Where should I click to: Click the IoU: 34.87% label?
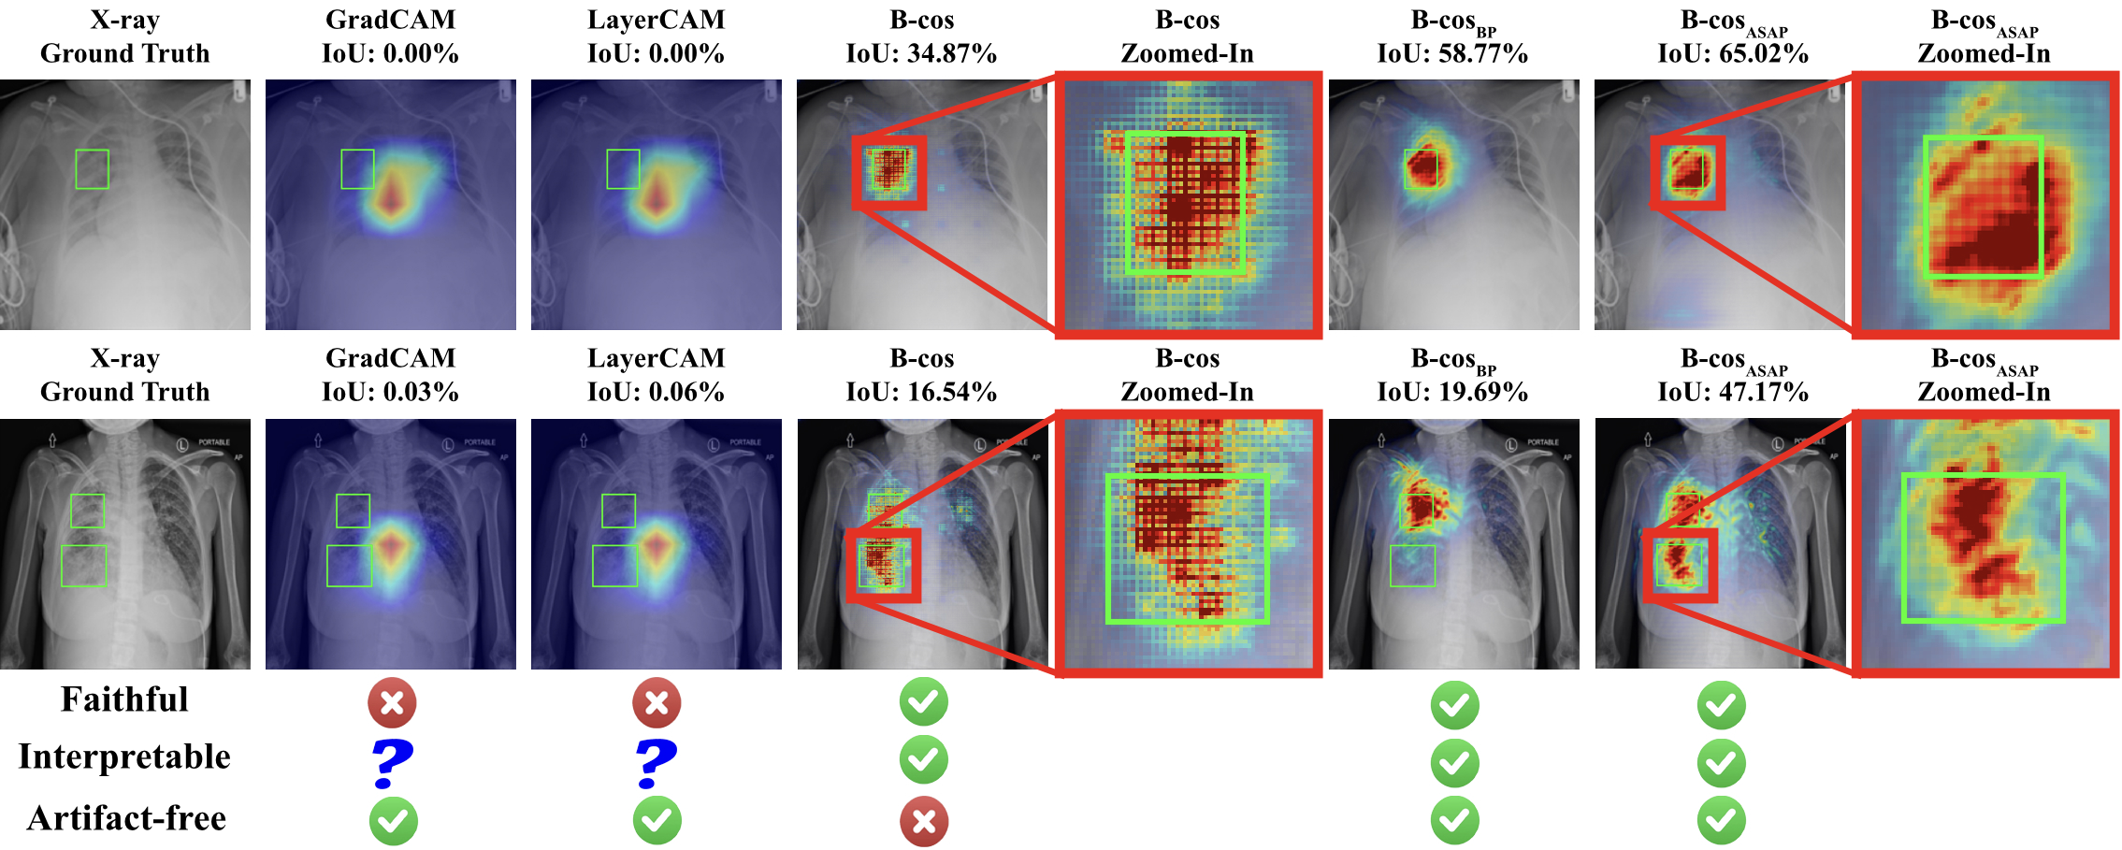click(921, 53)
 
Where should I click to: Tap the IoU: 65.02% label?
click(1733, 53)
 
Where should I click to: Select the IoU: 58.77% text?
click(1452, 53)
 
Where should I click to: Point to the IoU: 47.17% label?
click(1733, 392)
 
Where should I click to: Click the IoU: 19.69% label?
click(1452, 392)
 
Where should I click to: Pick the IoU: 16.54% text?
click(921, 392)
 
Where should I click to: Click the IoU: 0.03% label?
click(390, 392)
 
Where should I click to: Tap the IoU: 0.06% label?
click(656, 392)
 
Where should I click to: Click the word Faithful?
click(124, 699)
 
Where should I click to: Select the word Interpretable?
click(124, 756)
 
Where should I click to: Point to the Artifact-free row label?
click(126, 818)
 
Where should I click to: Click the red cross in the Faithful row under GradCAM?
click(392, 702)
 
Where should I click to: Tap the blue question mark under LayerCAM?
click(656, 763)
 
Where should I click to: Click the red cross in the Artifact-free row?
click(924, 821)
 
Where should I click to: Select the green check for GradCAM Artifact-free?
click(393, 821)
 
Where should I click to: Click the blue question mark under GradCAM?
click(392, 763)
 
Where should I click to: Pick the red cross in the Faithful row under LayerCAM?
click(657, 702)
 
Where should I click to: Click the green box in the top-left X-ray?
click(76, 169)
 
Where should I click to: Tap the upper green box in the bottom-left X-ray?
click(72, 511)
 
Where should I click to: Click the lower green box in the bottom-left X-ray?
click(62, 566)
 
